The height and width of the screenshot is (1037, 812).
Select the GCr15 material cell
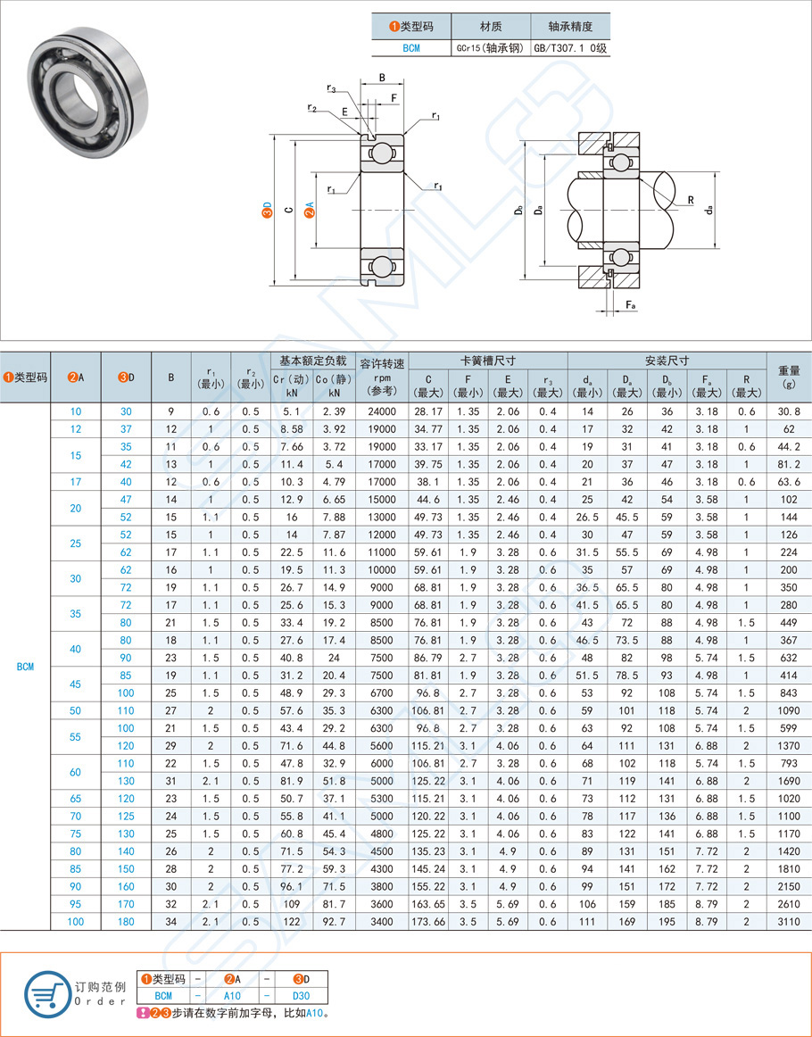[x=491, y=48]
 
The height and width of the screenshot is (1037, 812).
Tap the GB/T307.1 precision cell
[x=569, y=48]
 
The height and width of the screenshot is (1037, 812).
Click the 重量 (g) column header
[x=788, y=377]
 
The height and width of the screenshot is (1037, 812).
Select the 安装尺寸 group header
[x=667, y=361]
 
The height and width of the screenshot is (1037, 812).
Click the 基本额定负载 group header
[x=311, y=361]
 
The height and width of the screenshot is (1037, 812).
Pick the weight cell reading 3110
[x=788, y=921]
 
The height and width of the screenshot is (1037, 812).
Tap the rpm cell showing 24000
[x=382, y=411]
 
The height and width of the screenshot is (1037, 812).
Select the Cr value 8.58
[x=292, y=428]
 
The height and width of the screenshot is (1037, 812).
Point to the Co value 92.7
[x=334, y=921]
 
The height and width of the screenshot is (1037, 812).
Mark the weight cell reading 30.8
[x=788, y=411]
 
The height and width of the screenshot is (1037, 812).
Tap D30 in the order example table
[x=301, y=995]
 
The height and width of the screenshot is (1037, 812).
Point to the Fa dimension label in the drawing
[x=630, y=305]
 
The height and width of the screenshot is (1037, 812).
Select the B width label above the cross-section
[x=382, y=78]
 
